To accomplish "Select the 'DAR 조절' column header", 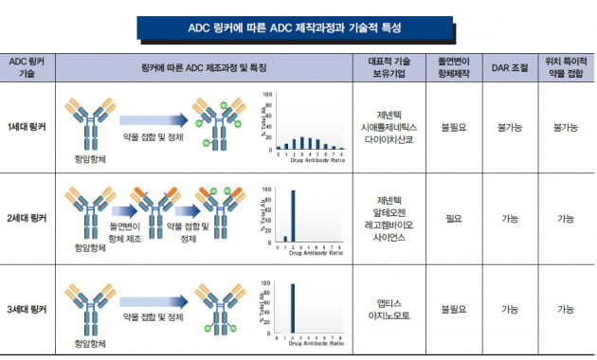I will point(508,66).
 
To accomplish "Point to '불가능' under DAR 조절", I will point(508,125).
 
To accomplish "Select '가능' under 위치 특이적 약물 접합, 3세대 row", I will point(566,310).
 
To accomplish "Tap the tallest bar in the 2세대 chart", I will point(293,215).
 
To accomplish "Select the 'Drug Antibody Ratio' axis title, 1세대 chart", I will point(308,160).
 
